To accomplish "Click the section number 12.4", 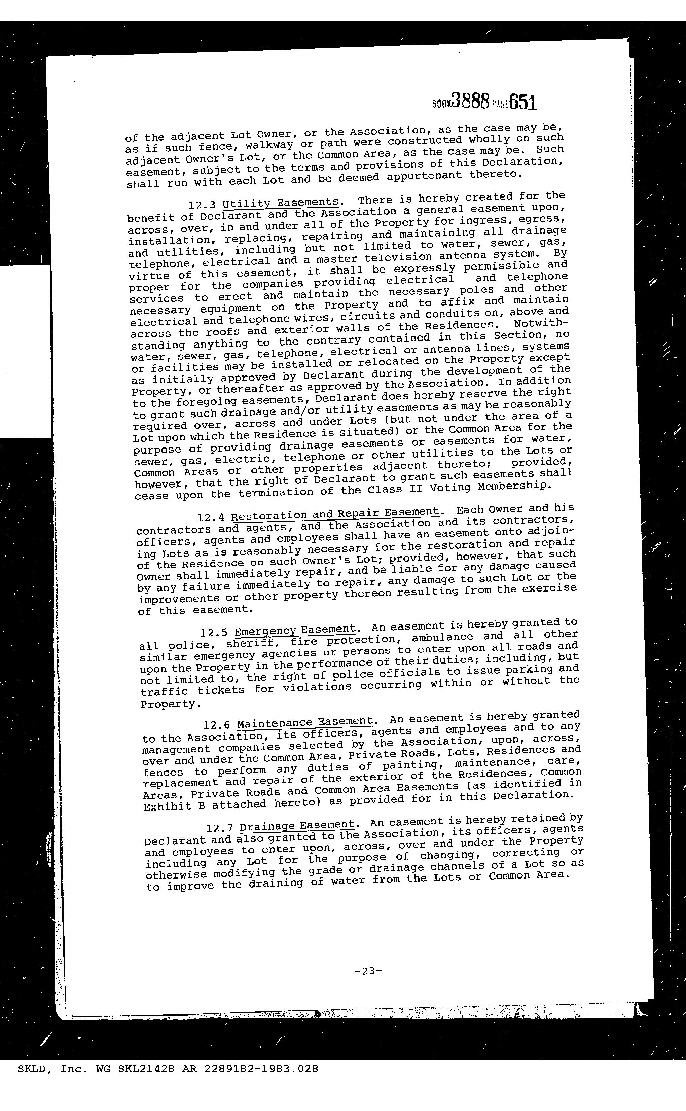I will coord(211,517).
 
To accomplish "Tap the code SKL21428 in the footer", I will coord(146,1069).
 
